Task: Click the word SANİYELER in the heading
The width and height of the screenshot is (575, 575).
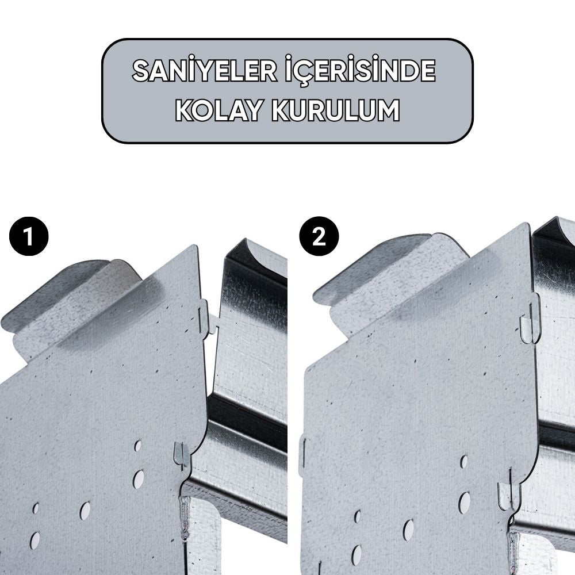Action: tap(205, 71)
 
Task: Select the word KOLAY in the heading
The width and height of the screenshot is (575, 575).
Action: tap(220, 110)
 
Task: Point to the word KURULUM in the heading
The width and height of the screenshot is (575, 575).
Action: tap(336, 110)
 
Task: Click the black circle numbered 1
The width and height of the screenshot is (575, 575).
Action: tap(29, 236)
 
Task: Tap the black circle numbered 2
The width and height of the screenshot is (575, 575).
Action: tap(319, 236)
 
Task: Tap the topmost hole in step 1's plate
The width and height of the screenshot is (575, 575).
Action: tap(137, 446)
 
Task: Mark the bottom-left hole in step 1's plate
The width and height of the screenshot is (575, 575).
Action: tap(35, 540)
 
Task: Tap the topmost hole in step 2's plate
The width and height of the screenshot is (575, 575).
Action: tap(463, 462)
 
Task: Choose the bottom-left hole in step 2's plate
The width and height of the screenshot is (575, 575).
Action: tap(356, 554)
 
